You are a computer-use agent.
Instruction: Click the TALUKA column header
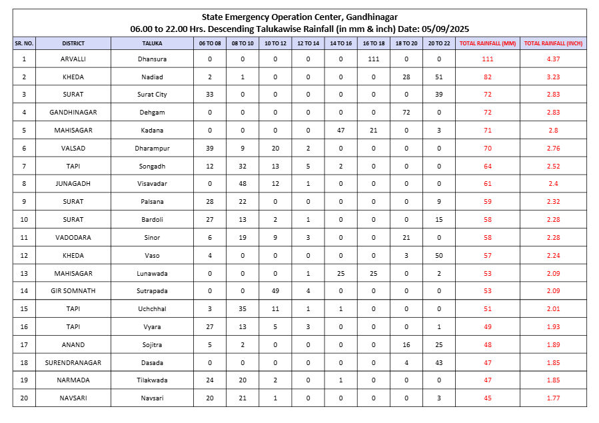tap(152, 43)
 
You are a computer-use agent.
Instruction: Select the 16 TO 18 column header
tap(374, 43)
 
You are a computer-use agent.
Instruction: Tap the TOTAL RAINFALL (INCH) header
tap(553, 43)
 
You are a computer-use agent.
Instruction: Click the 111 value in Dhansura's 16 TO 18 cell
tap(374, 59)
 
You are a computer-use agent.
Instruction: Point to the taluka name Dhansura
tap(152, 59)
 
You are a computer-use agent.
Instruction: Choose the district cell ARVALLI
tap(73, 59)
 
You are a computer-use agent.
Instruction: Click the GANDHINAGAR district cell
tap(73, 113)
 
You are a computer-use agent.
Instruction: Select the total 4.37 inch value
tap(553, 59)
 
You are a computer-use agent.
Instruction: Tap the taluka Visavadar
tap(152, 184)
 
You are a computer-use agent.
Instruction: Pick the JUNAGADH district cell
tap(73, 184)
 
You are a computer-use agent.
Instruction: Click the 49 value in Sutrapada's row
tap(275, 291)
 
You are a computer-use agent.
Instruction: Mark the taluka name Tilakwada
tap(152, 380)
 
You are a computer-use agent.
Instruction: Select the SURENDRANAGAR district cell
tap(73, 362)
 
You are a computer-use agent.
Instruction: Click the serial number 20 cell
tap(24, 398)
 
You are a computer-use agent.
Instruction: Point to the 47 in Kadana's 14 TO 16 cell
tap(341, 131)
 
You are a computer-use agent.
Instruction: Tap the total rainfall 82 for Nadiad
tap(488, 77)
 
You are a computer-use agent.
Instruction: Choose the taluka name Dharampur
tap(152, 149)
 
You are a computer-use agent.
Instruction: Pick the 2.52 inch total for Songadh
tap(553, 167)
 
